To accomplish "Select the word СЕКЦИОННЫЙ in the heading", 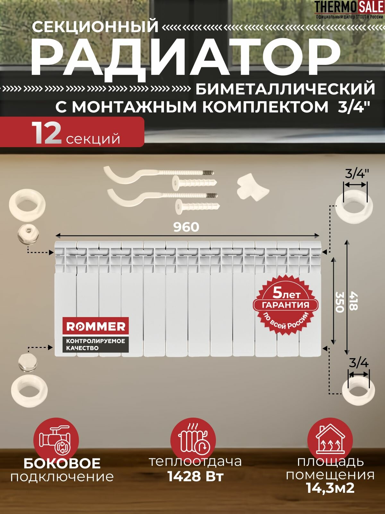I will [95, 27].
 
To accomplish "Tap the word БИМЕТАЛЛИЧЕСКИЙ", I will [285, 89].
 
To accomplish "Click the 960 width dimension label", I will [186, 227].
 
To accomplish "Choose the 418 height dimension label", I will [353, 301].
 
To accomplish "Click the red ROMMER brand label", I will [96, 327].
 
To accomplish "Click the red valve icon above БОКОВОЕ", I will [56, 440].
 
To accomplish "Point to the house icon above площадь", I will [330, 440].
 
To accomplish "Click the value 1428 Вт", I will [195, 476].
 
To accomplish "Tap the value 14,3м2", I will [330, 488].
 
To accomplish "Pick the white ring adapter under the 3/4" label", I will [354, 205].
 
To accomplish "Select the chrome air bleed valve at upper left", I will [28, 234].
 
